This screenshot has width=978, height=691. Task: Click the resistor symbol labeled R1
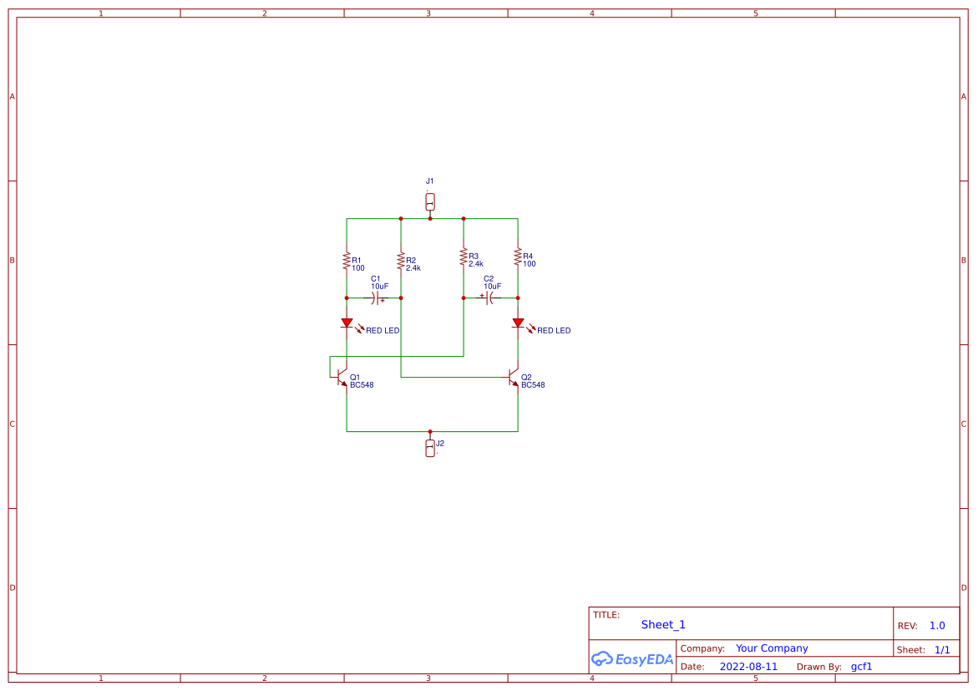point(347,261)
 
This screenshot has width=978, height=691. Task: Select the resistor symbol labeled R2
point(401,261)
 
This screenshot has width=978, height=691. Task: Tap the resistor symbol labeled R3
point(464,257)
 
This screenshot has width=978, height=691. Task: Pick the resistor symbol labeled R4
point(518,256)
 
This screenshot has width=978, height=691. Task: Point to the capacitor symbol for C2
point(489,297)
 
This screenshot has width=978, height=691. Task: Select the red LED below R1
point(347,323)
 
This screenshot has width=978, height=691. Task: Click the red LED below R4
point(518,323)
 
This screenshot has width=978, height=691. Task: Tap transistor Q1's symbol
point(342,377)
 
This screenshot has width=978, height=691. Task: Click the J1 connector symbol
point(430,202)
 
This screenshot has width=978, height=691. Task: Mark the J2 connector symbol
point(430,448)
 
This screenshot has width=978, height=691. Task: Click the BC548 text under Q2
point(533,385)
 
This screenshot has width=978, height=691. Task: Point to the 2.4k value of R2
point(413,268)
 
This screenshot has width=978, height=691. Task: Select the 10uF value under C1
point(379,286)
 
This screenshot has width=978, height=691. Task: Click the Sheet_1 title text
point(663,625)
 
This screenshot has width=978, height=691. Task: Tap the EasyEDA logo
point(631,658)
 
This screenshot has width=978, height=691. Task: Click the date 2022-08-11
point(748,667)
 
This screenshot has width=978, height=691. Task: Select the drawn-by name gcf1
point(861,667)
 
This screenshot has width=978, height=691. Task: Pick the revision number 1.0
point(937,626)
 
